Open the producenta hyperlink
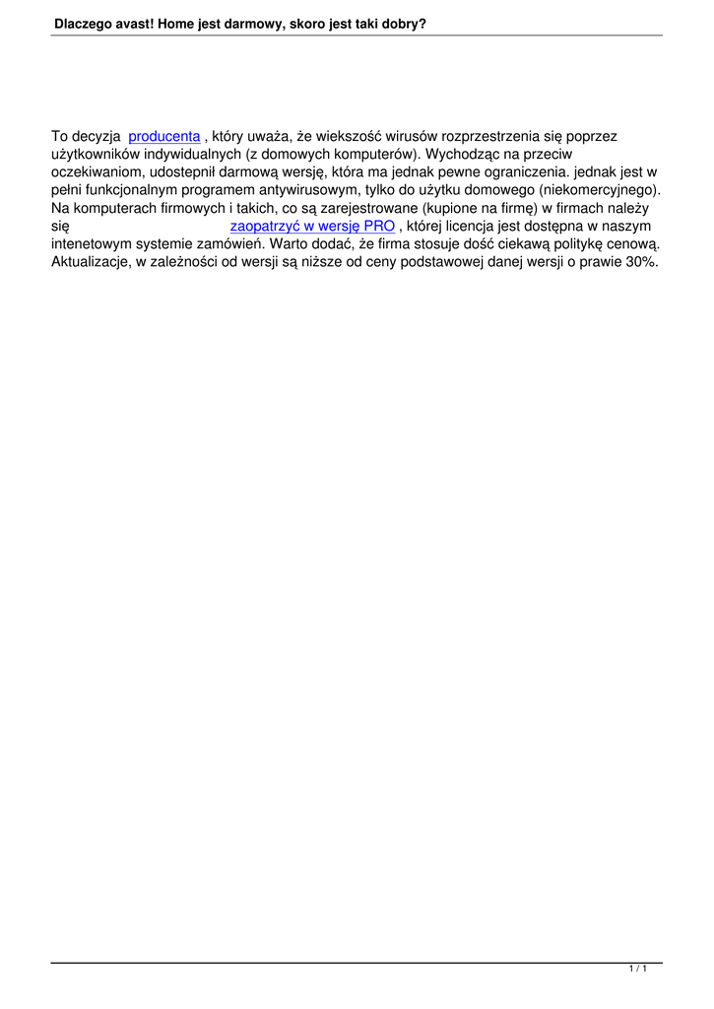coord(164,136)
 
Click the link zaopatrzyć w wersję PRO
coord(311,227)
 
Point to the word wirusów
coord(413,136)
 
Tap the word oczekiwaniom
coord(96,172)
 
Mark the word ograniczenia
coord(522,172)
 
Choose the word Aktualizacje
coord(91,263)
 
